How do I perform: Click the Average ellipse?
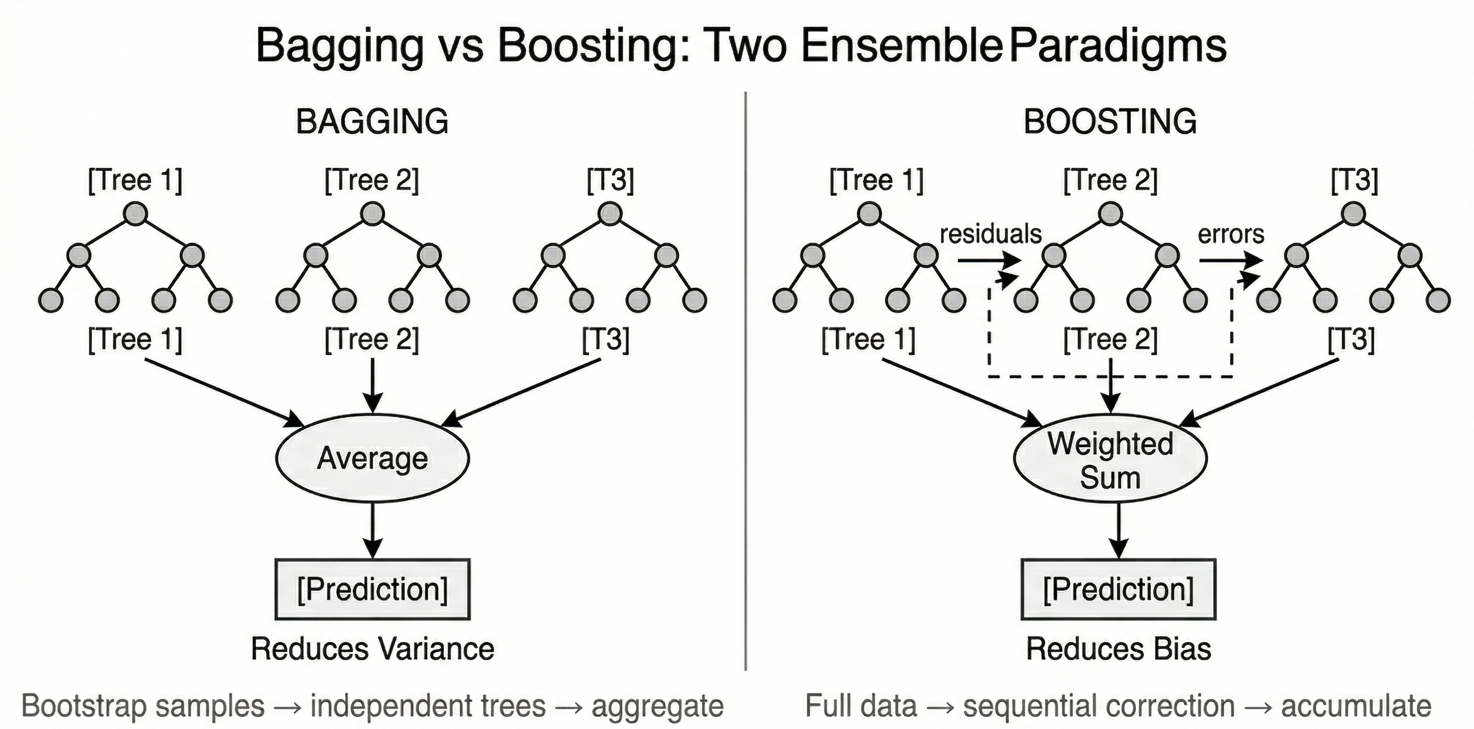(x=373, y=458)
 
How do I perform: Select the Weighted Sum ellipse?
(x=1110, y=460)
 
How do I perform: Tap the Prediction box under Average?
(x=373, y=589)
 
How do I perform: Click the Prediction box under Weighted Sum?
(x=1118, y=589)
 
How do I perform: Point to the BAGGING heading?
(x=372, y=121)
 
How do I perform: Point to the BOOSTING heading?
(x=1110, y=121)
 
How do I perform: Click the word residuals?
(x=991, y=234)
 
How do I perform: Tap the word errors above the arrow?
(x=1231, y=234)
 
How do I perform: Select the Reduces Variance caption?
(x=373, y=649)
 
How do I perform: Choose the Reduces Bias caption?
(x=1118, y=649)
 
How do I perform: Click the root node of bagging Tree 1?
(x=136, y=214)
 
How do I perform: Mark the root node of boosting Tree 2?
(x=1111, y=214)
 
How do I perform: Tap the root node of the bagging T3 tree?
(x=610, y=214)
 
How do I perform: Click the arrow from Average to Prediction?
(x=373, y=530)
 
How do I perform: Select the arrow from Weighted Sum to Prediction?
(x=1118, y=530)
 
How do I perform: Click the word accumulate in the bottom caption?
(x=1356, y=706)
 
